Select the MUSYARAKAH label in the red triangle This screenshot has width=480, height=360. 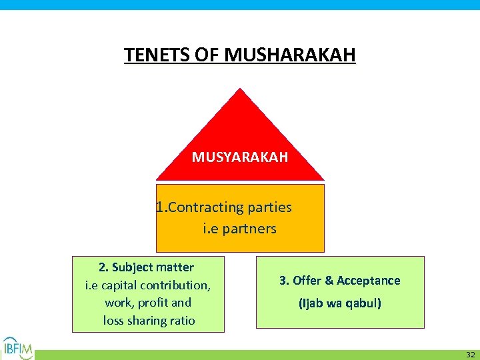coord(240,157)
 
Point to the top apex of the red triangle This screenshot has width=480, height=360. coord(240,90)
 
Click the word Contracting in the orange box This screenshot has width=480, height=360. coord(206,207)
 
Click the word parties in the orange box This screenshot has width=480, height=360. coord(269,207)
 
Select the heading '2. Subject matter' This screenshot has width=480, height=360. coord(146,267)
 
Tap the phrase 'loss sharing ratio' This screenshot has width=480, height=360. coord(149,321)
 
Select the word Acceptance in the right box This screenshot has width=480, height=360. coord(369,281)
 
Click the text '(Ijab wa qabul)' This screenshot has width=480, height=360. coord(340,303)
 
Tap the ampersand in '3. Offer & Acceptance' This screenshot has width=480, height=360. coord(329,281)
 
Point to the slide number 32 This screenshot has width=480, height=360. coord(470,354)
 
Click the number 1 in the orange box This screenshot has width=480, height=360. coord(159,207)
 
